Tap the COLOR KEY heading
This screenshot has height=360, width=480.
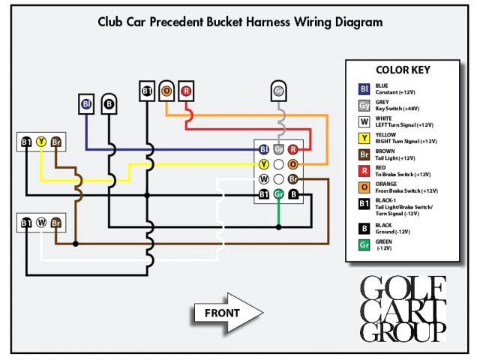pyautogui.click(x=402, y=70)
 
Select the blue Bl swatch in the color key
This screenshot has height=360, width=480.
pyautogui.click(x=364, y=88)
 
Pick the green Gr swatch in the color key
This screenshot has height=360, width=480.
pyautogui.click(x=364, y=245)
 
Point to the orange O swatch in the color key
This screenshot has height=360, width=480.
pyautogui.click(x=364, y=186)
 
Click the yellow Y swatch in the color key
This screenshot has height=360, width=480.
pyautogui.click(x=364, y=137)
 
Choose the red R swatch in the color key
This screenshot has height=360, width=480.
pyautogui.click(x=364, y=170)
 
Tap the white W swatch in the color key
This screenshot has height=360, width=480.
pyautogui.click(x=364, y=121)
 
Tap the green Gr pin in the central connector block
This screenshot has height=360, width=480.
pyautogui.click(x=279, y=194)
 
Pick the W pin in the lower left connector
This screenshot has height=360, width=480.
pyautogui.click(x=42, y=223)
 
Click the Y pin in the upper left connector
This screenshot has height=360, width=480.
pyautogui.click(x=42, y=141)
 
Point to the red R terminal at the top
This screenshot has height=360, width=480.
pyautogui.click(x=186, y=91)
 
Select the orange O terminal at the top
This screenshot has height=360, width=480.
pyautogui.click(x=166, y=91)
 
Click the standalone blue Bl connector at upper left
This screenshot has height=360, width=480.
pyautogui.click(x=87, y=103)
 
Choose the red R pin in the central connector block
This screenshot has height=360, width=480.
pyautogui.click(x=293, y=149)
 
